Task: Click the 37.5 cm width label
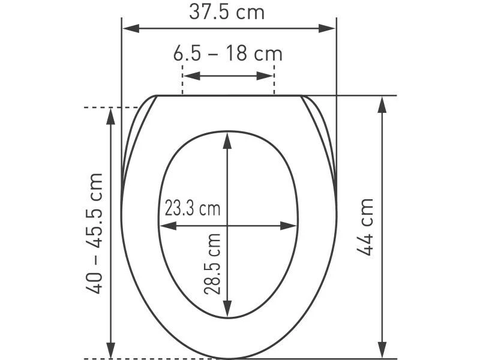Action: (x=227, y=12)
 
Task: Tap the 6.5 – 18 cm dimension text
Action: (x=228, y=53)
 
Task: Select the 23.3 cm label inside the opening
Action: (x=193, y=208)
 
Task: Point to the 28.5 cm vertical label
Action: (x=212, y=263)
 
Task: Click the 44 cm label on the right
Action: (x=365, y=227)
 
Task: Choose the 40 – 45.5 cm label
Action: (x=94, y=233)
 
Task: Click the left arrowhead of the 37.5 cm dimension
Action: (x=131, y=28)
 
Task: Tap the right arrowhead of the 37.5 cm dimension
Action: (x=327, y=28)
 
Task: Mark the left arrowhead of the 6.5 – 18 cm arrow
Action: (x=192, y=76)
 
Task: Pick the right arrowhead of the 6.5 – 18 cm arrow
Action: (x=265, y=76)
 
